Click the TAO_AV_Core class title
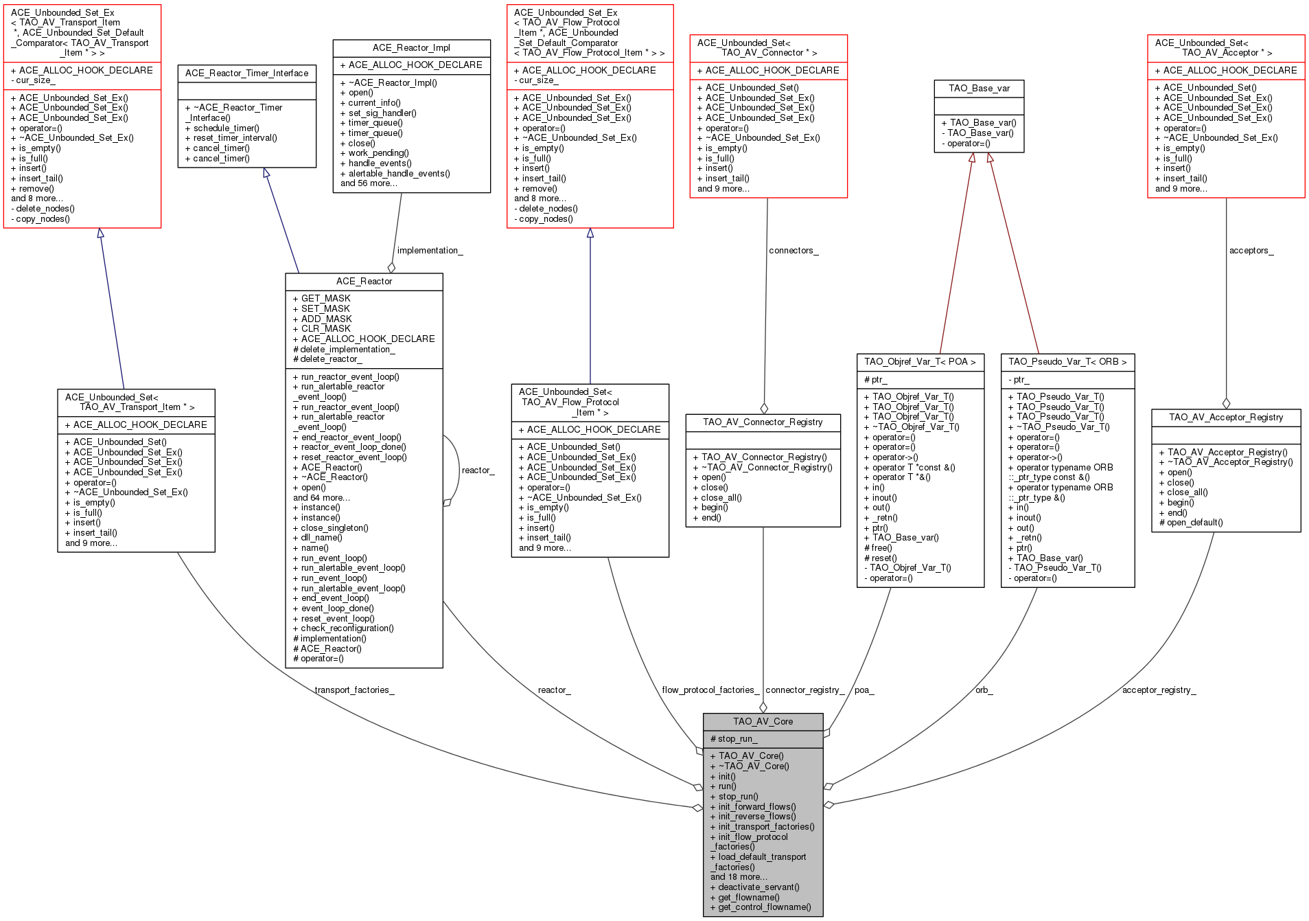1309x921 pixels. (763, 721)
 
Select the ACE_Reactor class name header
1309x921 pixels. (364, 282)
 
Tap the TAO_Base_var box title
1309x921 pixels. (979, 88)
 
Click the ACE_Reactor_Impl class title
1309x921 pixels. (411, 47)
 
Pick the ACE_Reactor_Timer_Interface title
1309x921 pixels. (246, 73)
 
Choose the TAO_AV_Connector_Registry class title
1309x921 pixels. (763, 422)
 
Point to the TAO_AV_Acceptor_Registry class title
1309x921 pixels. (1226, 417)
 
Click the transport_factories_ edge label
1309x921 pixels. (354, 690)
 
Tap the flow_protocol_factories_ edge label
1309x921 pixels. (710, 690)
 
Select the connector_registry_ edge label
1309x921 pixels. (805, 690)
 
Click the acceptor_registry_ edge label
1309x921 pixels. (1159, 690)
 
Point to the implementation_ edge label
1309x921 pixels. (430, 251)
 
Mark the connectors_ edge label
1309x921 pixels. (793, 251)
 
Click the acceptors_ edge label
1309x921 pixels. (1251, 251)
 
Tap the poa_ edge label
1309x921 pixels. (864, 690)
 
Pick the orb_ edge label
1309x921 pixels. (984, 690)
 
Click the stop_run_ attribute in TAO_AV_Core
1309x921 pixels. (734, 739)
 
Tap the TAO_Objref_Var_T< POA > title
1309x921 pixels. (920, 361)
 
